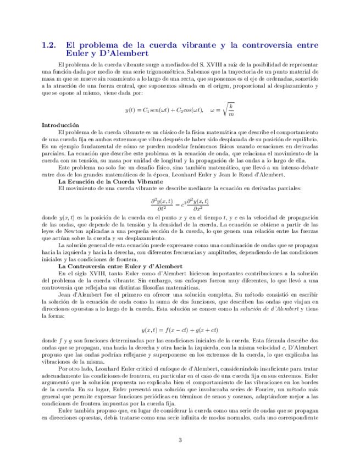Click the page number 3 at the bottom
[x=180, y=439]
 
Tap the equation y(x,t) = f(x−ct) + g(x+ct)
[x=180, y=330]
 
